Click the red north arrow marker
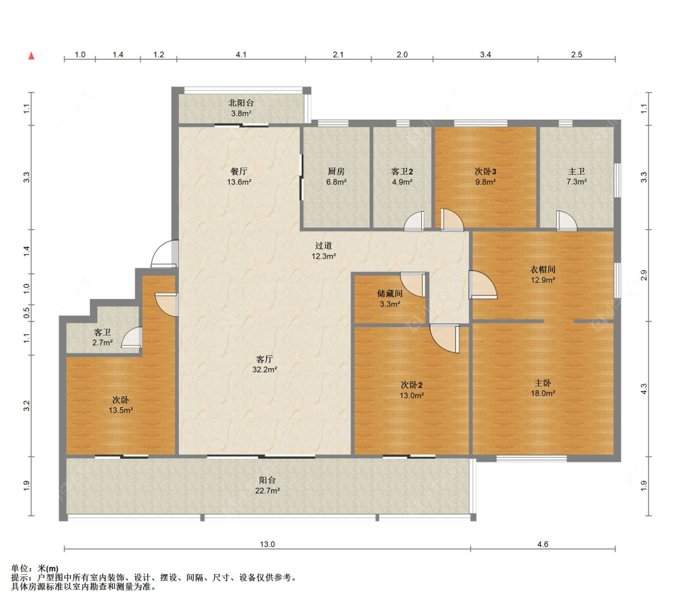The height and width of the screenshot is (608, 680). (x=31, y=56)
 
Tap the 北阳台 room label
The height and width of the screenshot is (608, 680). (x=241, y=103)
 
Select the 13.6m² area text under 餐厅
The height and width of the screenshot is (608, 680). (x=239, y=182)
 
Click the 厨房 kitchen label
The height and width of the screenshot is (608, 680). (x=336, y=172)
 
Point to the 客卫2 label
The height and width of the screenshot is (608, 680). (x=401, y=172)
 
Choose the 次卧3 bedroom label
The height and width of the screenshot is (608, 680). (x=485, y=172)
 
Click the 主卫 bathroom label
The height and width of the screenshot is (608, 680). (x=577, y=172)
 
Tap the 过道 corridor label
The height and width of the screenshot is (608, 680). (x=323, y=245)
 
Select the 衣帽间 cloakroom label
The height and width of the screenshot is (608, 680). (x=543, y=270)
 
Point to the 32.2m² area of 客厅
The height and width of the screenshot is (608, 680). (x=265, y=370)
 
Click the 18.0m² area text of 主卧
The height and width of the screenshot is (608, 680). (x=543, y=394)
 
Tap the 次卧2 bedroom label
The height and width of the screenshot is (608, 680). (x=412, y=385)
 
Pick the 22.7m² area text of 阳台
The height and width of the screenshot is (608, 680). (x=267, y=491)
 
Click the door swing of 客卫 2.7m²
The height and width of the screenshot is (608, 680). (x=131, y=337)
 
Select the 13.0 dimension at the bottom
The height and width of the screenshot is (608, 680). (x=267, y=545)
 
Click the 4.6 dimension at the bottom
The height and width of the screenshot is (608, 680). (x=543, y=545)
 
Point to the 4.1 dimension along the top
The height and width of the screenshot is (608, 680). (x=241, y=54)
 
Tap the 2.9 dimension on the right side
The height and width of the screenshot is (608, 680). (x=644, y=276)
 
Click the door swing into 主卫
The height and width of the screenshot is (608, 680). (x=567, y=221)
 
